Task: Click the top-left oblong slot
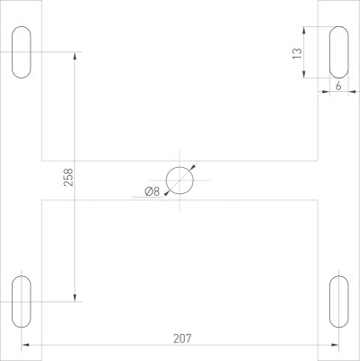tap(22, 52)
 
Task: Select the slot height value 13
tap(297, 54)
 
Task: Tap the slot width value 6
tap(337, 86)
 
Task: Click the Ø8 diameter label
tap(152, 190)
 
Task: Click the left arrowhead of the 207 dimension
tap(25, 345)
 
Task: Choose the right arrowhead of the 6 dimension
tap(350, 92)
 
